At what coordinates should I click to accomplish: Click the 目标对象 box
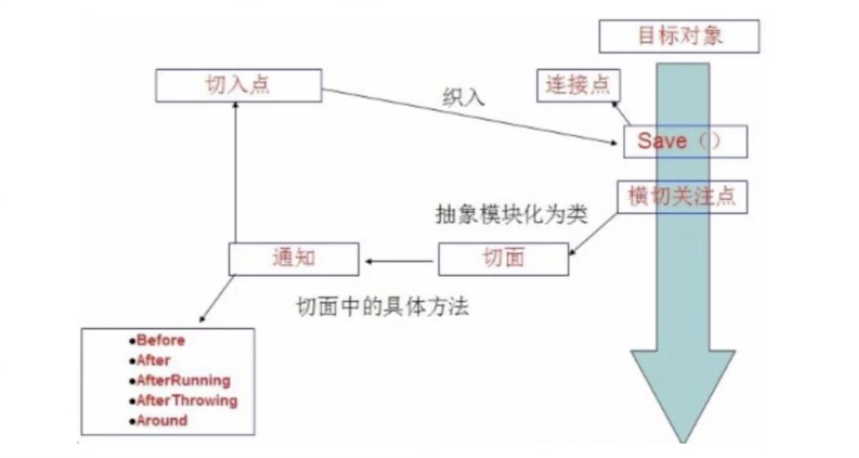pyautogui.click(x=679, y=37)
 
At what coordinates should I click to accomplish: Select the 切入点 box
pyautogui.click(x=238, y=86)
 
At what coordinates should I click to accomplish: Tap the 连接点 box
pyautogui.click(x=578, y=86)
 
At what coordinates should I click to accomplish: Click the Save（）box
pyautogui.click(x=685, y=142)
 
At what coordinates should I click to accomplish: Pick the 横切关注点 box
pyautogui.click(x=681, y=197)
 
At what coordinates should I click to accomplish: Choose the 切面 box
pyautogui.click(x=503, y=258)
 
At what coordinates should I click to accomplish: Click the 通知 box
pyautogui.click(x=293, y=258)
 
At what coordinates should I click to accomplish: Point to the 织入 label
pyautogui.click(x=463, y=98)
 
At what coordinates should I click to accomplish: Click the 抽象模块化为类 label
pyautogui.click(x=511, y=214)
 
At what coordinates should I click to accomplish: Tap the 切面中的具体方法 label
pyautogui.click(x=382, y=306)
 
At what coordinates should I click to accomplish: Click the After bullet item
pyautogui.click(x=153, y=361)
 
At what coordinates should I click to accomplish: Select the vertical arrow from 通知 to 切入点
pyautogui.click(x=235, y=172)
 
